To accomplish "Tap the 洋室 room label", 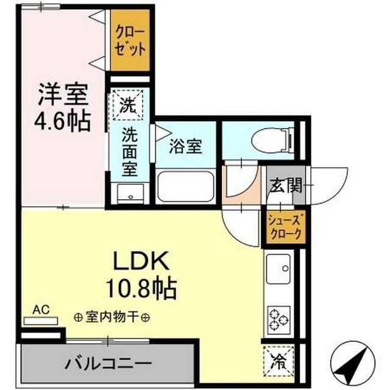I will point(65,94).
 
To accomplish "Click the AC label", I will point(40,310).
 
